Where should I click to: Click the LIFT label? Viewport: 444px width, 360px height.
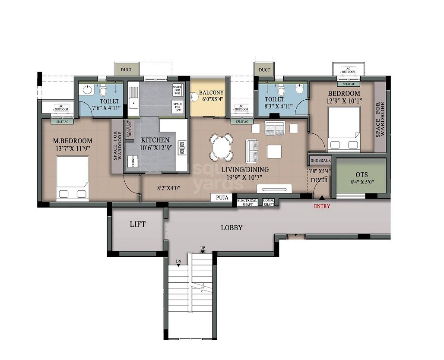tap(137, 224)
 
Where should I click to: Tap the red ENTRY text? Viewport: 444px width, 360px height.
tap(322, 206)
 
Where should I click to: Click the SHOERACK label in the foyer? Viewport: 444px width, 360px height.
tap(320, 161)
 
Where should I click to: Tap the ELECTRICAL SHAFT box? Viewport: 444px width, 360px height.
tap(247, 202)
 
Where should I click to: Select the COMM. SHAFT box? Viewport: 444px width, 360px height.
tap(269, 202)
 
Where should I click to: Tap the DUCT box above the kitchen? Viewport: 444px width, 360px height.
tap(127, 69)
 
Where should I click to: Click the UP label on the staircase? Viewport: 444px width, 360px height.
tap(203, 247)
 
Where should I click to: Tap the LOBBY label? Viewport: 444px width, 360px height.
tap(232, 227)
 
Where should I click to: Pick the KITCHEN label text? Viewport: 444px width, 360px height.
tap(155, 140)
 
